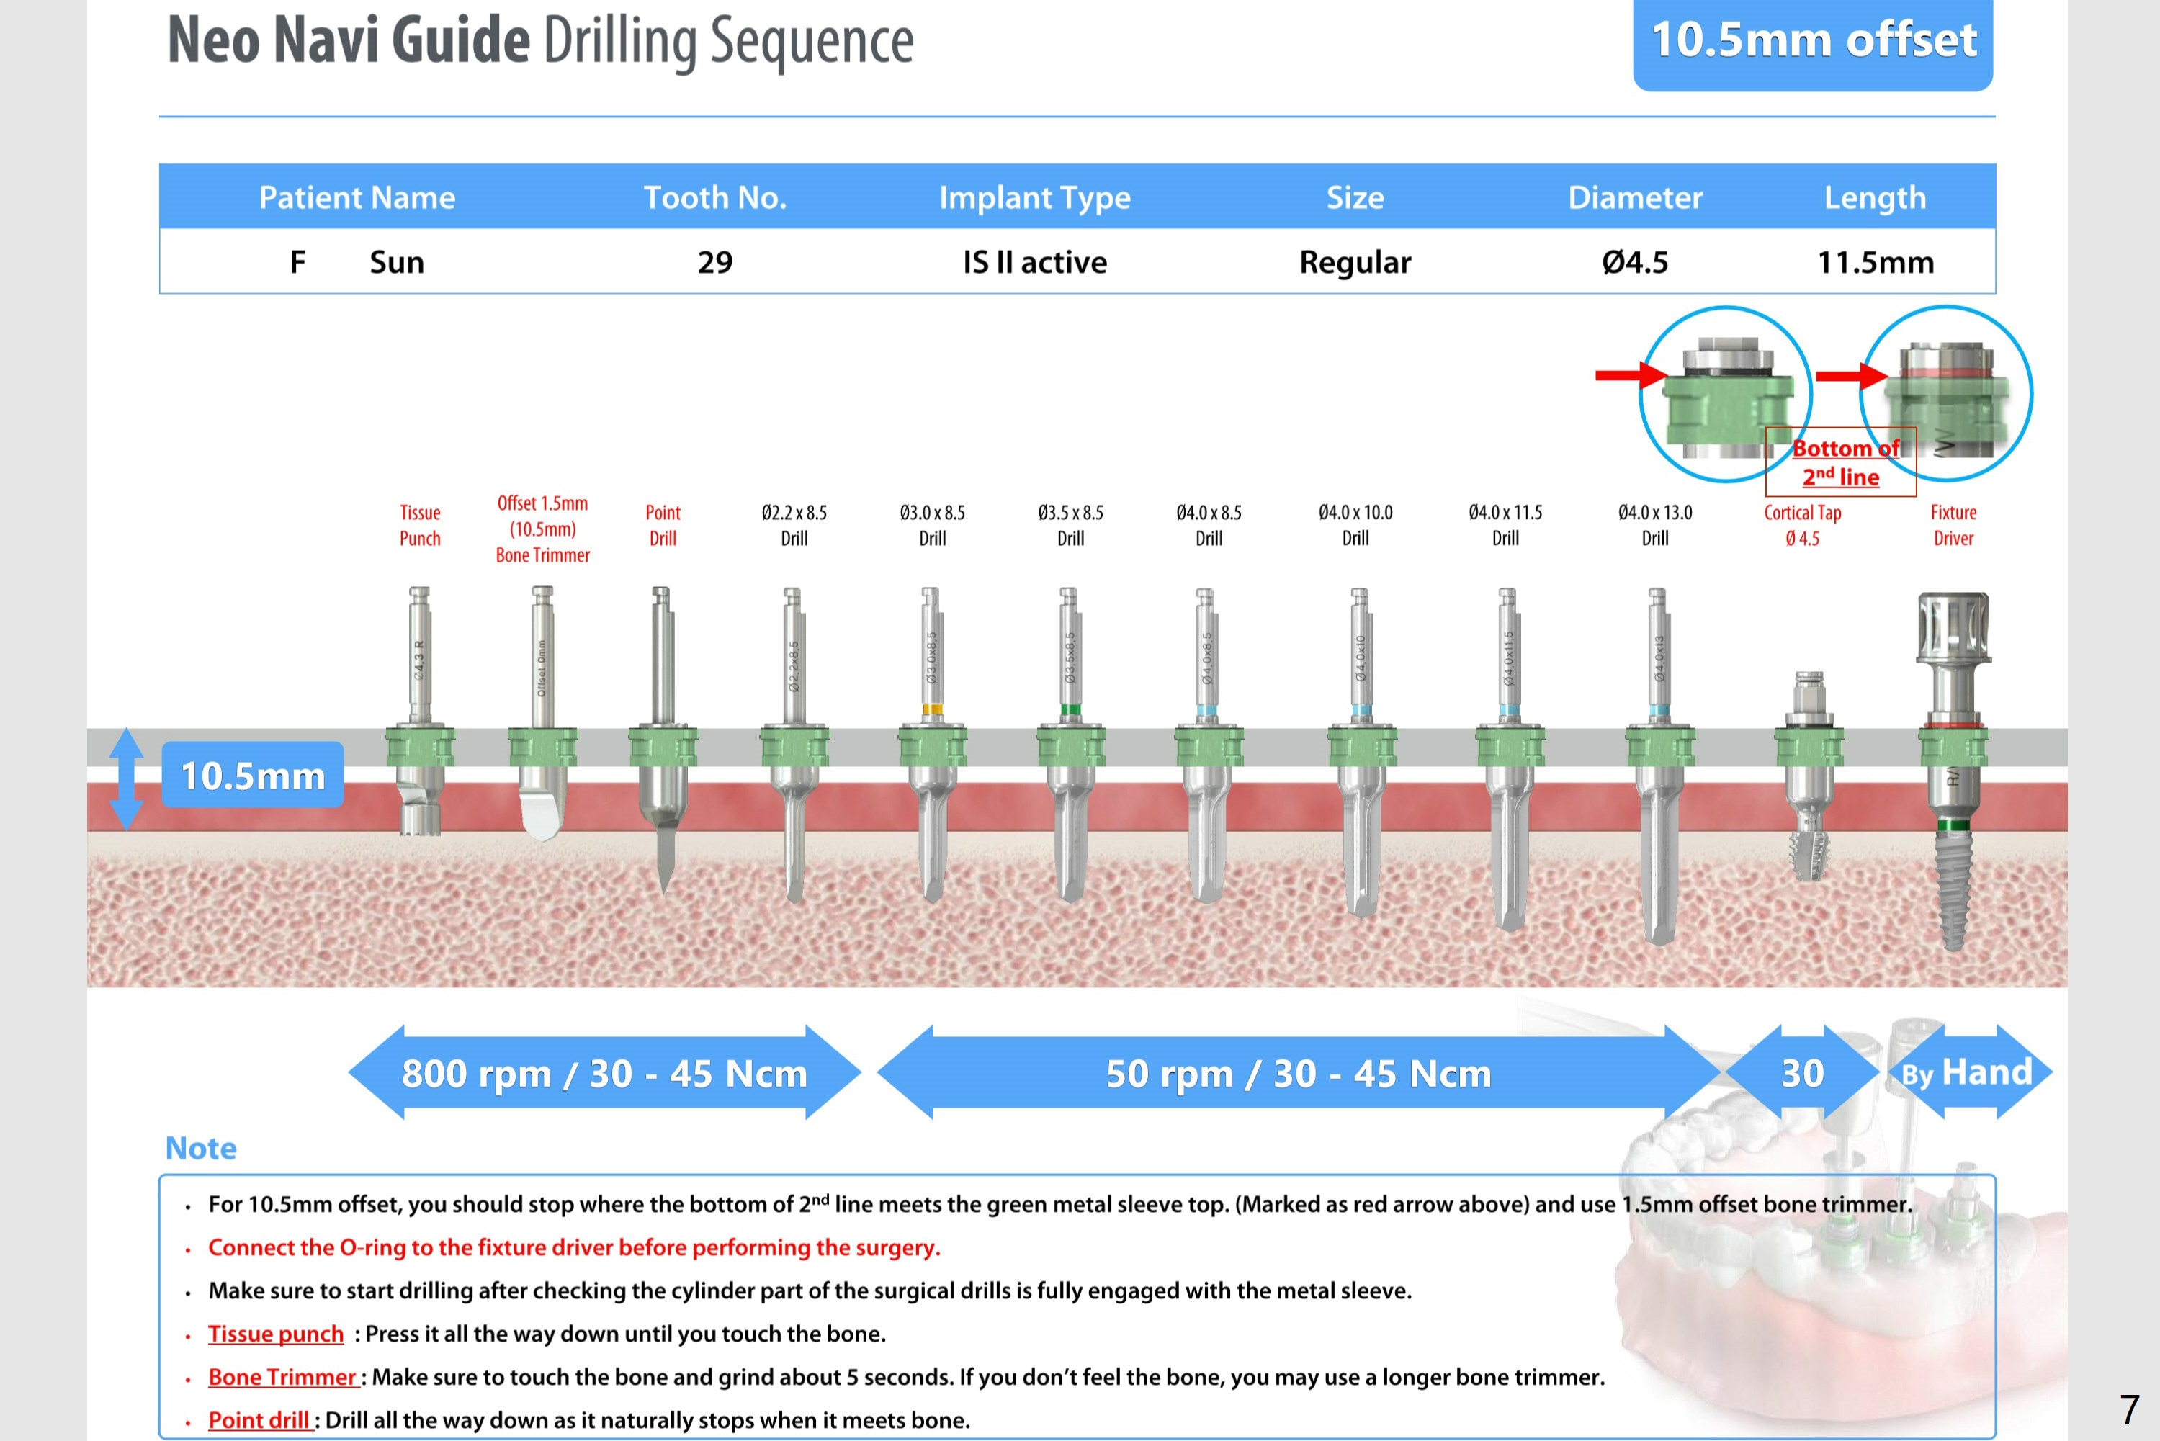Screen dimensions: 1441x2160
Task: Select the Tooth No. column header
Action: [x=714, y=197]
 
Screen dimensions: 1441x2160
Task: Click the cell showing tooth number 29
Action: [x=714, y=263]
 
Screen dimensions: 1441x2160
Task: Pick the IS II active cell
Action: [x=1034, y=263]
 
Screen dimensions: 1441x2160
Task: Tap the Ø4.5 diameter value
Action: [x=1634, y=263]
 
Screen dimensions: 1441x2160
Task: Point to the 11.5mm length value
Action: [x=1875, y=263]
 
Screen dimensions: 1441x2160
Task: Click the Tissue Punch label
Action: [x=420, y=525]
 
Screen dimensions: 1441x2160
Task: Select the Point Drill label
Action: [x=663, y=525]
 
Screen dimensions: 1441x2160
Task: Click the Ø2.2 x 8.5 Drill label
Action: [x=794, y=525]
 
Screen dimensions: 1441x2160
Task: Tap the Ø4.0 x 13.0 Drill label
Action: [x=1654, y=525]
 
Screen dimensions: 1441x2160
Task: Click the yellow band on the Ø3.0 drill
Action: [x=932, y=709]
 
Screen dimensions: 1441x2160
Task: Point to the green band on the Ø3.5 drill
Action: [x=1070, y=709]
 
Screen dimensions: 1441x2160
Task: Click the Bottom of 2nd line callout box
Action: [x=1840, y=462]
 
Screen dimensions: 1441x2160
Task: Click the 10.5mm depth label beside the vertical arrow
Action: [x=253, y=776]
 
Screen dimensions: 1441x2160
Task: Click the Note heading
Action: [x=200, y=1148]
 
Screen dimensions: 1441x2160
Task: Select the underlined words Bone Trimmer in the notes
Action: [x=282, y=1377]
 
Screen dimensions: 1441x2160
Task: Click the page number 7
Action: [x=2129, y=1409]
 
